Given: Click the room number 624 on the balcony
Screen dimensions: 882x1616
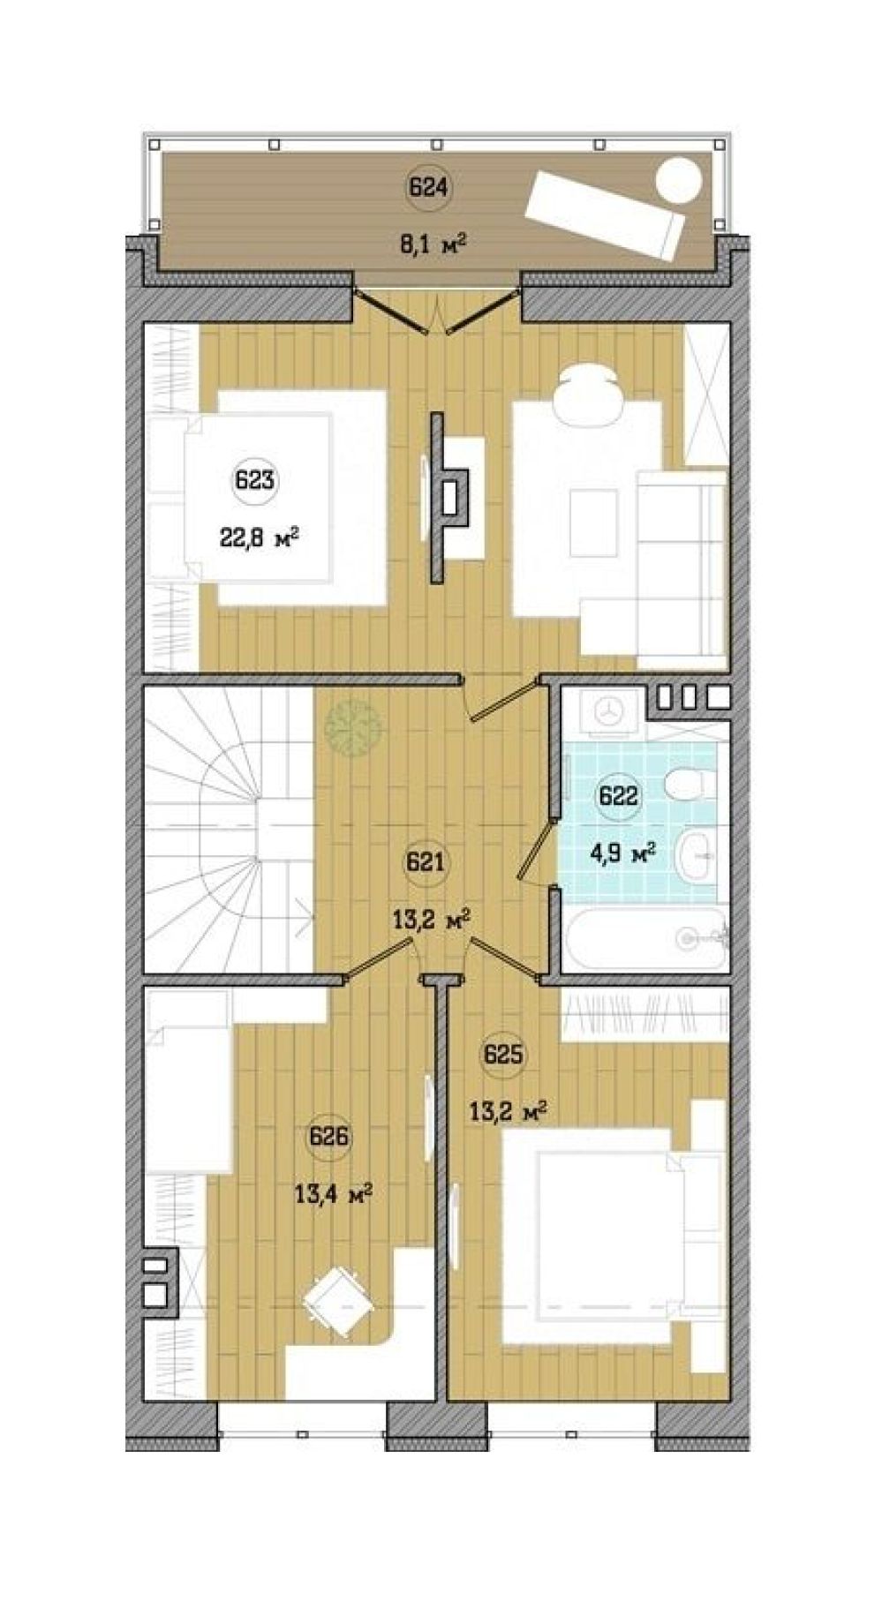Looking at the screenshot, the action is [429, 188].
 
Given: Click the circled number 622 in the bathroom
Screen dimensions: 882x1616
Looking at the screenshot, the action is [618, 796].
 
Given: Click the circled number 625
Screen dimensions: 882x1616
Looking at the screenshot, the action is [503, 1054].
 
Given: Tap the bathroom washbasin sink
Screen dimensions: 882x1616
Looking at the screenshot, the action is [699, 854].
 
